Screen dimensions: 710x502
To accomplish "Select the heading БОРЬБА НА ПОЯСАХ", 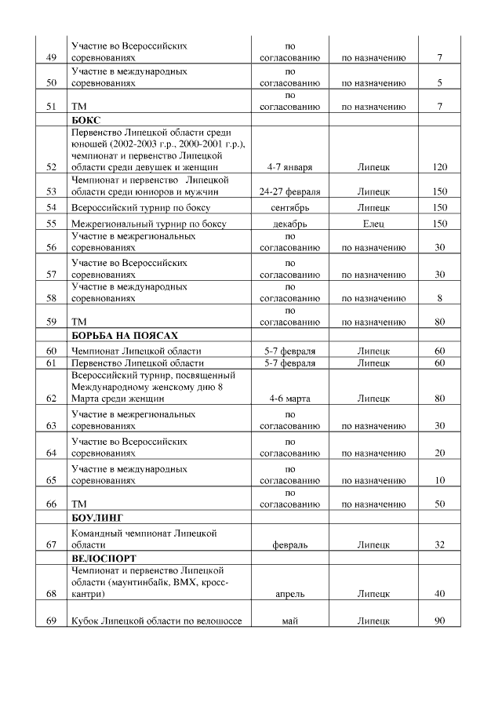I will tap(119, 335).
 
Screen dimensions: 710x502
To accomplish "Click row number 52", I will tap(53, 167).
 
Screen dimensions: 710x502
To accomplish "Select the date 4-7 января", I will tap(290, 167).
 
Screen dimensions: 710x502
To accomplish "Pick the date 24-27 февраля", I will tap(290, 191).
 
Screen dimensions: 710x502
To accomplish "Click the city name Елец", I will tap(373, 224).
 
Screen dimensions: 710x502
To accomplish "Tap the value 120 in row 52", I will tap(440, 167).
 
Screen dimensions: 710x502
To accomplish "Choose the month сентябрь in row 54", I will tap(290, 207).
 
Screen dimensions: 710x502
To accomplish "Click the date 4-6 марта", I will tap(290, 399).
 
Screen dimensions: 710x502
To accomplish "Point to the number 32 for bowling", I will tap(440, 544).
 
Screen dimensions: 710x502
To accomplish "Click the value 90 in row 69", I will tap(440, 621).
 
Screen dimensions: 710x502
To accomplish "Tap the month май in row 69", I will tap(290, 621).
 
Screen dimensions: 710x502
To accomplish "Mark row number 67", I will tap(53, 544).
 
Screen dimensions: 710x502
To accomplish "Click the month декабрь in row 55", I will tap(290, 224).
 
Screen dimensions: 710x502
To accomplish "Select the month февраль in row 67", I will tap(290, 544).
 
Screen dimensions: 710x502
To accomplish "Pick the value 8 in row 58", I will tap(440, 298).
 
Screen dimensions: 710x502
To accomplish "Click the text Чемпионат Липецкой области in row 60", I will tap(136, 351).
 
